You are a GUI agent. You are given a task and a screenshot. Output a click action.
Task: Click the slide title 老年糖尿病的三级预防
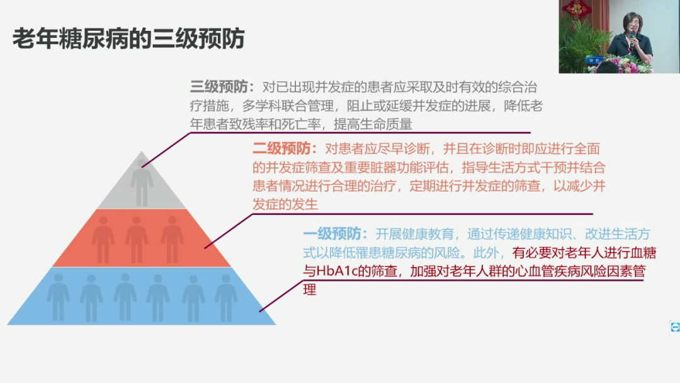[x=128, y=38]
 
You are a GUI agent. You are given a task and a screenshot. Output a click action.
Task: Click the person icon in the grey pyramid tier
[x=142, y=183]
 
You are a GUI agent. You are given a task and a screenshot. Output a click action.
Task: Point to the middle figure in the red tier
[x=137, y=238]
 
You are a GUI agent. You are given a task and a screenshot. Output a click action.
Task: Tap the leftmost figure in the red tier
[x=103, y=238]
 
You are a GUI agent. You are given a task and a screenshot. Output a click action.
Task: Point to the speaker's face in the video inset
[x=632, y=23]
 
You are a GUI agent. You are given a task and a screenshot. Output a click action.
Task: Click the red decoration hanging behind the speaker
[x=576, y=8]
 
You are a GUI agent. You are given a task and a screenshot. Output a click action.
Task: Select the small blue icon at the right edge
[x=675, y=327]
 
